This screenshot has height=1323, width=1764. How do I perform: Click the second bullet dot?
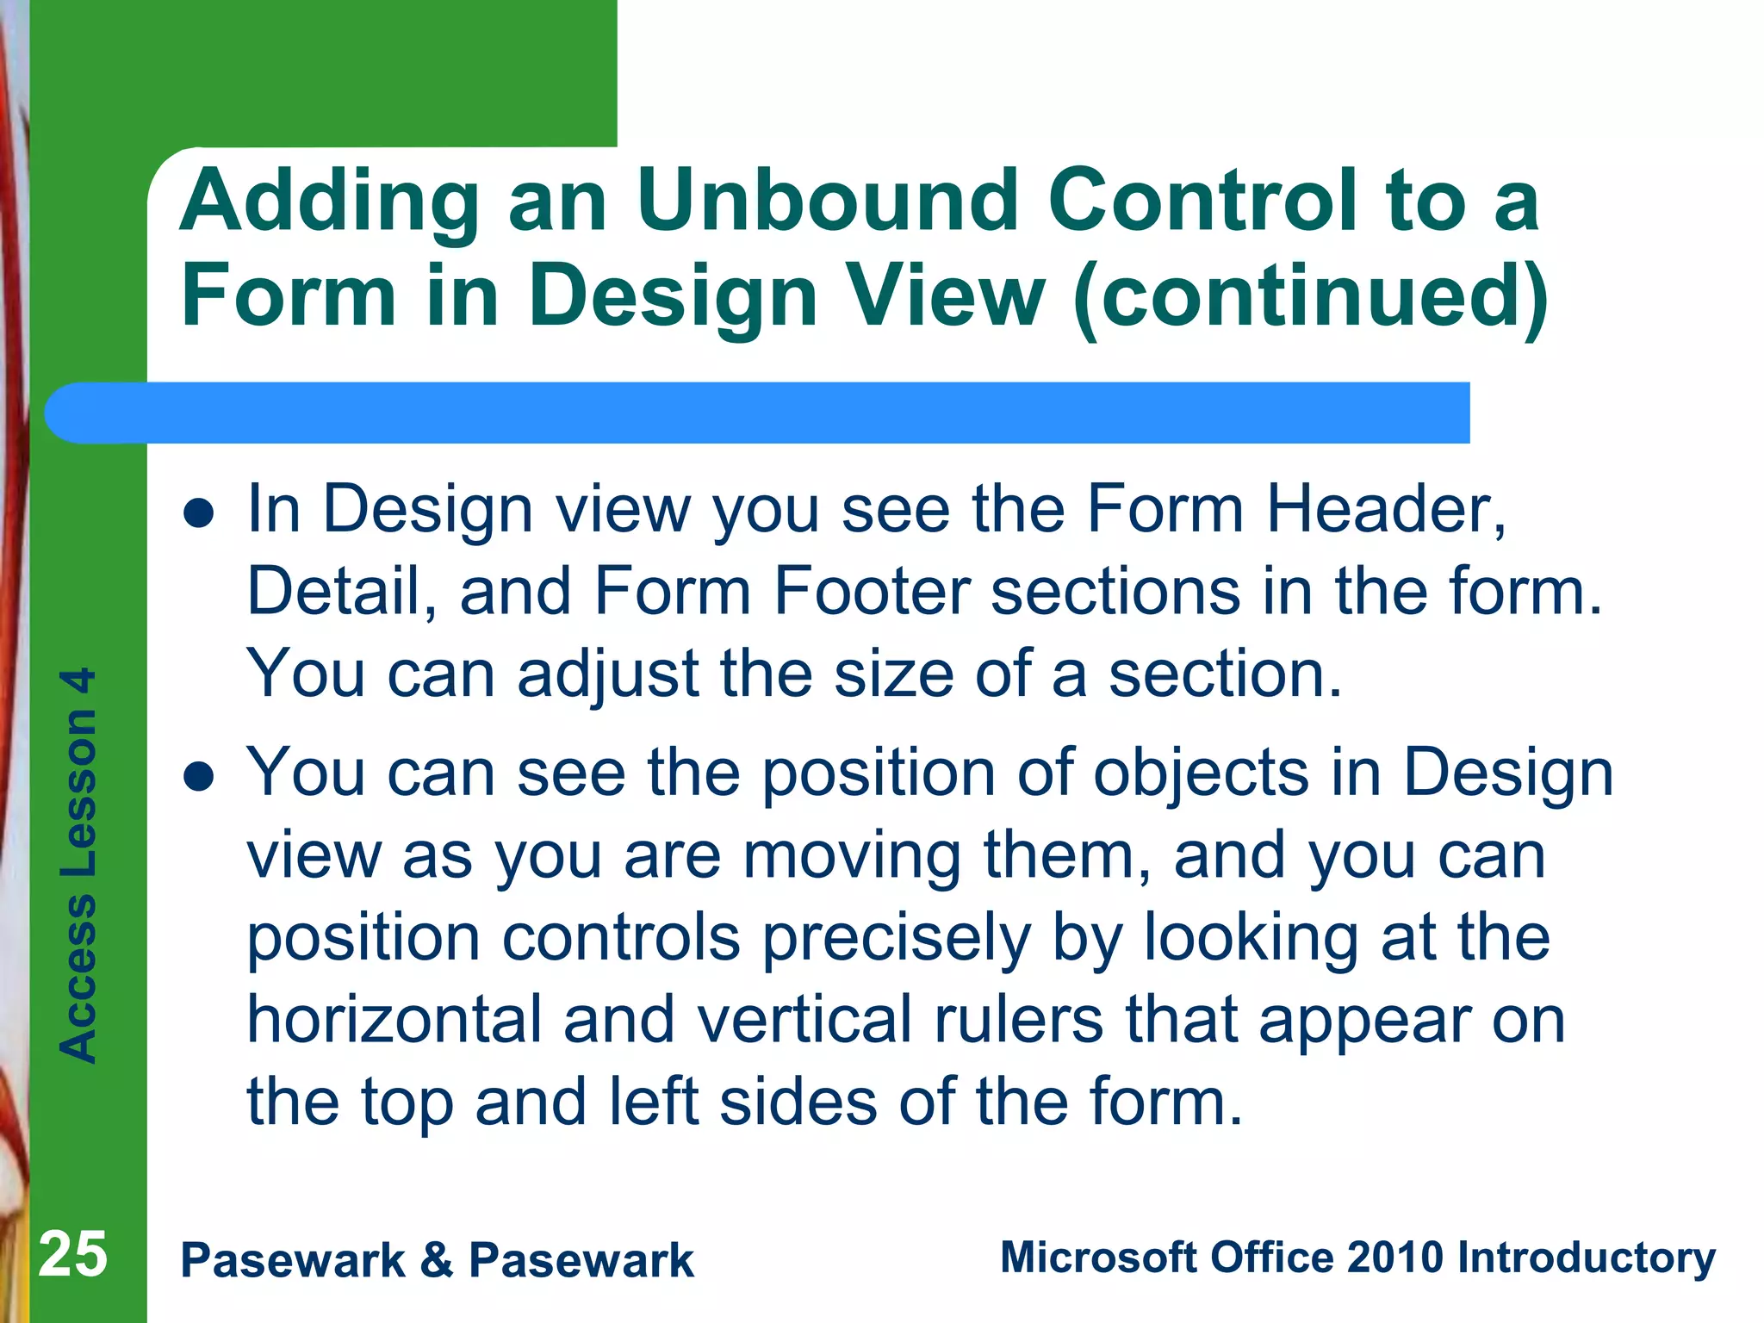(x=199, y=777)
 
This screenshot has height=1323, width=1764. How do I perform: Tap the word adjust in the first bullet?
(x=607, y=674)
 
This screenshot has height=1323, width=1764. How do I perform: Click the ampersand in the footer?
(x=437, y=1260)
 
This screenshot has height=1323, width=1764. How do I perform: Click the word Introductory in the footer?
(x=1586, y=1258)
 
